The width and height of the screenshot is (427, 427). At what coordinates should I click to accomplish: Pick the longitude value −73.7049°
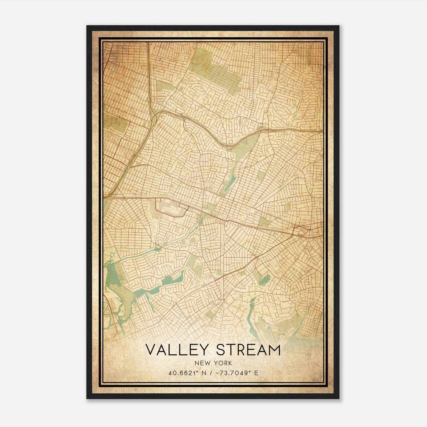(234, 373)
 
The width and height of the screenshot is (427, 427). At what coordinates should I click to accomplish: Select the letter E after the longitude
(256, 373)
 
